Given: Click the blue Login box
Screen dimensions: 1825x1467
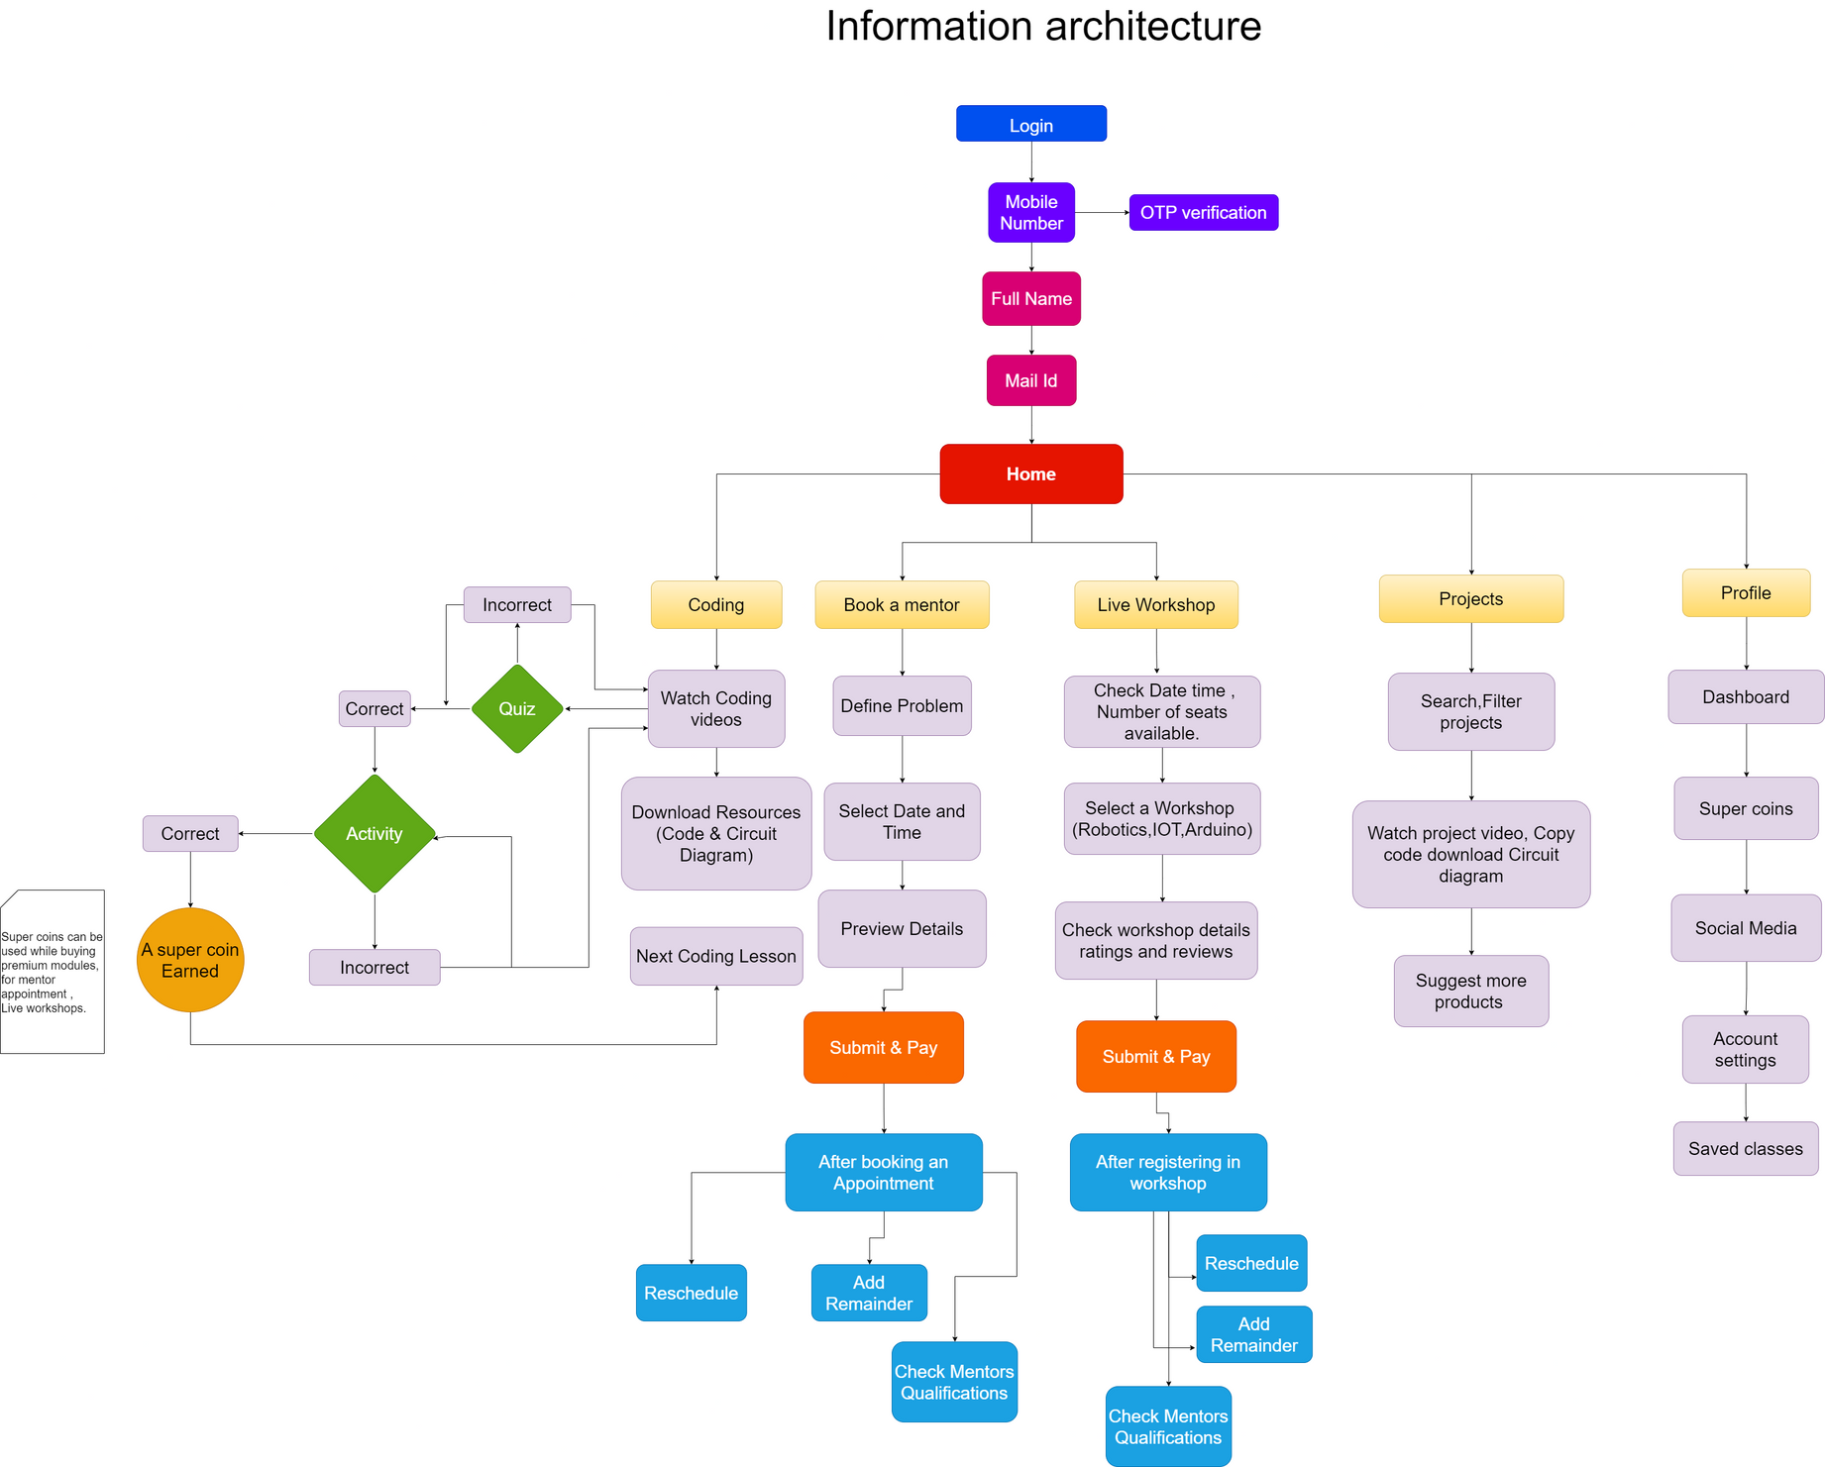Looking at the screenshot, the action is tap(1030, 124).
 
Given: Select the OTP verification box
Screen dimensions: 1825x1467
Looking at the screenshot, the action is tap(1203, 212).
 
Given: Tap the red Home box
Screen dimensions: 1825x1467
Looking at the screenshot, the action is tap(1030, 473).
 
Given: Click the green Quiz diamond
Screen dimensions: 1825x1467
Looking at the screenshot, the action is tap(517, 708).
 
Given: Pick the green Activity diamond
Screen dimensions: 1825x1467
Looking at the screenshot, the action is tap(375, 833).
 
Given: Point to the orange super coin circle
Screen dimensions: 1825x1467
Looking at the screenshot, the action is tap(190, 959).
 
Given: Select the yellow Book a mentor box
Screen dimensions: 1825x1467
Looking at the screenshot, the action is tap(902, 604).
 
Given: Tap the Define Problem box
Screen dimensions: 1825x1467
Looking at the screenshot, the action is tap(902, 705).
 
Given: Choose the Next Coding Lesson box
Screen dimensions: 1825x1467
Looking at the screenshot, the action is tap(716, 956).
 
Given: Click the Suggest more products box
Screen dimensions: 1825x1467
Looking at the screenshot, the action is tap(1470, 991).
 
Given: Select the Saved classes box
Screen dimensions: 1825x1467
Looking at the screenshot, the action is tap(1746, 1148).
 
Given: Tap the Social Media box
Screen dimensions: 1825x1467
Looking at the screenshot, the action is tap(1746, 928).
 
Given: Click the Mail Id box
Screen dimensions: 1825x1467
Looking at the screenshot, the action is tap(1030, 380).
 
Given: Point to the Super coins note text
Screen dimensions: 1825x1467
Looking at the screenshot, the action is tap(52, 972).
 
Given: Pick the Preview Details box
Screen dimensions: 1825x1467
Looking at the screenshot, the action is tap(902, 928).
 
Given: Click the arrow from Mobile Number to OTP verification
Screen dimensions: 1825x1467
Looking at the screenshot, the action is tap(1102, 212).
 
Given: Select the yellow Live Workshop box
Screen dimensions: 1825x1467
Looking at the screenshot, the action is tap(1156, 604).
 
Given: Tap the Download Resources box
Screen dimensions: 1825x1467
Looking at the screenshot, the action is tap(716, 833).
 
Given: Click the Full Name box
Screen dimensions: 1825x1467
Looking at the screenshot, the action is tap(1030, 298).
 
